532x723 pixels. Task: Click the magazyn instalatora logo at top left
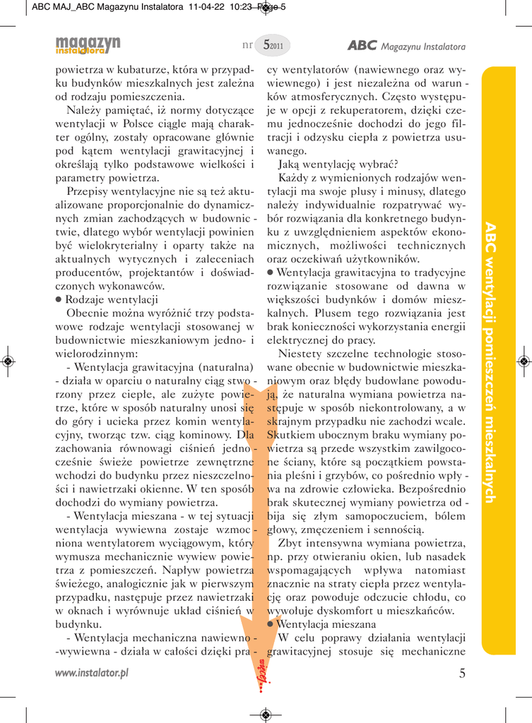[x=89, y=44]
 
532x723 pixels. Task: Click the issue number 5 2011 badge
[x=272, y=46]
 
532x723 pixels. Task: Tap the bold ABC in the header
[x=362, y=46]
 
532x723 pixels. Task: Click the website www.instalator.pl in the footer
[x=92, y=673]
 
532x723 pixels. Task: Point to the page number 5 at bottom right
[x=462, y=673]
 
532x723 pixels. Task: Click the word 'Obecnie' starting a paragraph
[x=88, y=313]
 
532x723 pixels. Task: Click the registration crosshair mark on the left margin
[x=8, y=361]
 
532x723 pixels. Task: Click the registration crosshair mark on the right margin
[x=524, y=361]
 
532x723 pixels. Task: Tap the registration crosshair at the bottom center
[x=266, y=715]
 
